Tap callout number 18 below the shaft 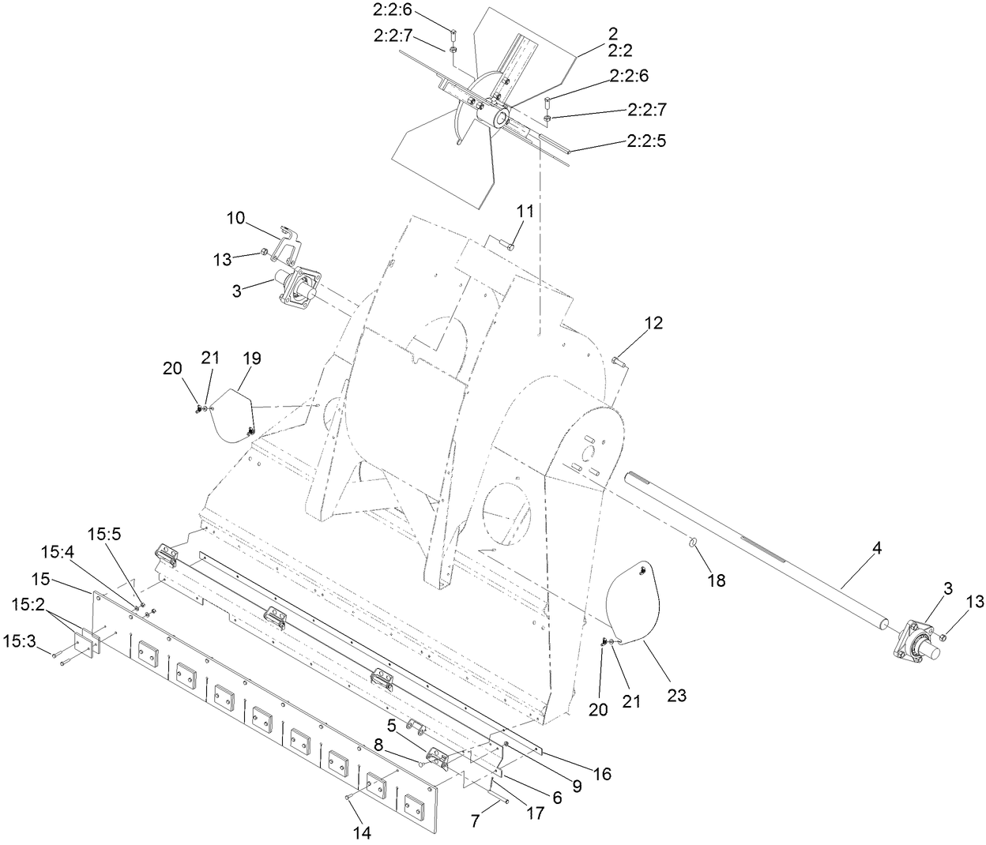pyautogui.click(x=717, y=580)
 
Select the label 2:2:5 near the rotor pyautogui.click(x=647, y=141)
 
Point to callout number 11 pyautogui.click(x=526, y=211)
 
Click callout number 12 pyautogui.click(x=653, y=323)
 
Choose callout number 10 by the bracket pyautogui.click(x=235, y=218)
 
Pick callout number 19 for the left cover pyautogui.click(x=251, y=359)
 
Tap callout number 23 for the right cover pyautogui.click(x=677, y=696)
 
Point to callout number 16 pyautogui.click(x=603, y=775)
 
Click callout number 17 pyautogui.click(x=535, y=813)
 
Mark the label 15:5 pyautogui.click(x=104, y=534)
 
